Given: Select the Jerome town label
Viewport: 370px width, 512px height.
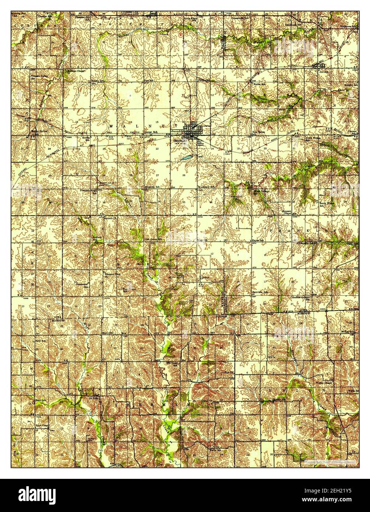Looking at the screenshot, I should click(x=324, y=72).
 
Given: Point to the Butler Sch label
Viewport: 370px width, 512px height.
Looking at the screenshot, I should click(x=259, y=84).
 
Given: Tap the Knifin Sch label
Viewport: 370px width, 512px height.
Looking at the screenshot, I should click(x=86, y=138).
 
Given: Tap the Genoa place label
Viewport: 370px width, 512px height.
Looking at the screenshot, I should click(x=204, y=278).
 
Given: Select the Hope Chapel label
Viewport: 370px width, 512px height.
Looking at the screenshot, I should click(x=42, y=426).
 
